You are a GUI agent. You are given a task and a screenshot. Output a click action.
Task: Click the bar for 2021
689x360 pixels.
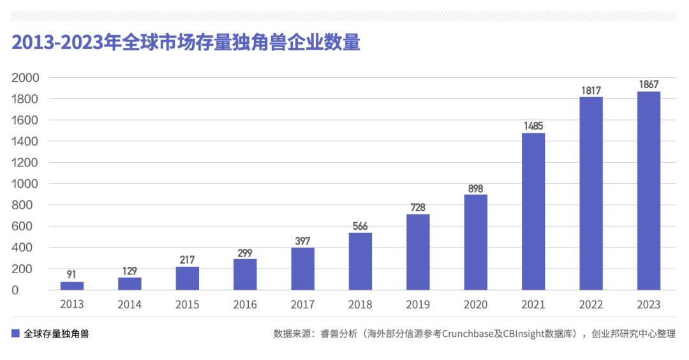click(x=533, y=211)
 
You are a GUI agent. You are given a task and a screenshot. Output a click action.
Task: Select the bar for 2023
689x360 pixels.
click(x=649, y=191)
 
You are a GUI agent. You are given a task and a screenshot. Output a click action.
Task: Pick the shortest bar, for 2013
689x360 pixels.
click(x=72, y=285)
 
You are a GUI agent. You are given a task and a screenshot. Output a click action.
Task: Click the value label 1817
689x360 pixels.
click(x=591, y=91)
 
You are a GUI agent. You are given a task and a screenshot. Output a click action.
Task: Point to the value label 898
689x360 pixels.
click(x=476, y=188)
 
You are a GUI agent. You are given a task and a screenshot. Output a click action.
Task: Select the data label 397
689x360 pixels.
click(x=303, y=241)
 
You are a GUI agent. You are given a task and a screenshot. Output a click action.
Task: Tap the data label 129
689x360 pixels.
click(x=130, y=271)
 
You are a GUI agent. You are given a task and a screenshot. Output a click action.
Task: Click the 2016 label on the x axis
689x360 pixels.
click(x=245, y=304)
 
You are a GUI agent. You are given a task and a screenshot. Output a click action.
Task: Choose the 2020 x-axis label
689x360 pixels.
click(x=476, y=304)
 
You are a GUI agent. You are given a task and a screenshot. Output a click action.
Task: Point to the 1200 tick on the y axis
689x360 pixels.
click(x=26, y=163)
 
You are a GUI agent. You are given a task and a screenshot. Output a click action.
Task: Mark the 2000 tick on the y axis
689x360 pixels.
click(x=26, y=78)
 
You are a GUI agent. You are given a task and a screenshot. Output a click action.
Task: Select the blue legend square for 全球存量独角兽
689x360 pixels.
click(x=15, y=333)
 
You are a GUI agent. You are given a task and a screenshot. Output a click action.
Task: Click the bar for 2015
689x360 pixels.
click(x=188, y=278)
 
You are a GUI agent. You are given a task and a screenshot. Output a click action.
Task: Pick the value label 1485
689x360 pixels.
click(x=533, y=126)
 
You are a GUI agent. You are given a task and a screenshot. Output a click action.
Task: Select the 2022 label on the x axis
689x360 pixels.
click(x=591, y=304)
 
